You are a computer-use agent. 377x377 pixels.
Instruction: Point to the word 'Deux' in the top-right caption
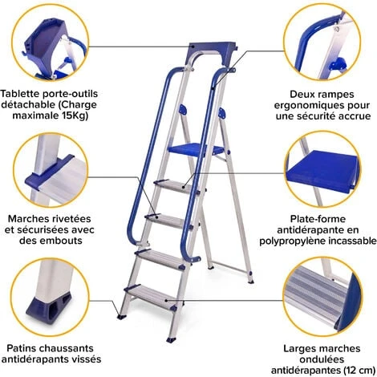pos(290,92)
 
